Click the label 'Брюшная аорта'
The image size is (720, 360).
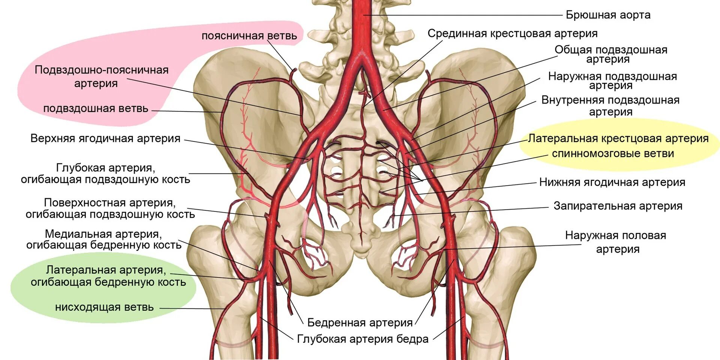tap(608, 15)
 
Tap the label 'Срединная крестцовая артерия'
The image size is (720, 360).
tap(512, 33)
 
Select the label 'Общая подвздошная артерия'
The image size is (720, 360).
tap(610, 54)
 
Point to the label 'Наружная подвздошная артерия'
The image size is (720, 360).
tap(612, 81)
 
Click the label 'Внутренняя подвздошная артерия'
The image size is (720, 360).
tap(610, 106)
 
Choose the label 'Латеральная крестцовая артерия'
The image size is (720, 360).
tap(618, 138)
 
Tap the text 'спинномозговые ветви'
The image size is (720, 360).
tap(613, 153)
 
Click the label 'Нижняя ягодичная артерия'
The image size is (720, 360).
tap(612, 182)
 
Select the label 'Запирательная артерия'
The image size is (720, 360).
tap(618, 206)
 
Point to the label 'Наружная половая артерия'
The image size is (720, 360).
tap(616, 242)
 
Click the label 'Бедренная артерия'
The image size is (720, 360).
tap(360, 322)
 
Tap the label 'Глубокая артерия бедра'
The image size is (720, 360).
tap(363, 339)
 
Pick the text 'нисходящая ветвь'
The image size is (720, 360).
tap(104, 307)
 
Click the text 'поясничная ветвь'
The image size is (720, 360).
tap(249, 36)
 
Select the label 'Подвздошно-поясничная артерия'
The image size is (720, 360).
tap(101, 76)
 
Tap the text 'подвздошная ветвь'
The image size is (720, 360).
tap(96, 109)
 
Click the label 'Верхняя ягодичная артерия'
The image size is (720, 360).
tap(105, 138)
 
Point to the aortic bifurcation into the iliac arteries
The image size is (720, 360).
tap(361, 62)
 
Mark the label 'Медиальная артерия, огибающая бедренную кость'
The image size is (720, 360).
tap(103, 239)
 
